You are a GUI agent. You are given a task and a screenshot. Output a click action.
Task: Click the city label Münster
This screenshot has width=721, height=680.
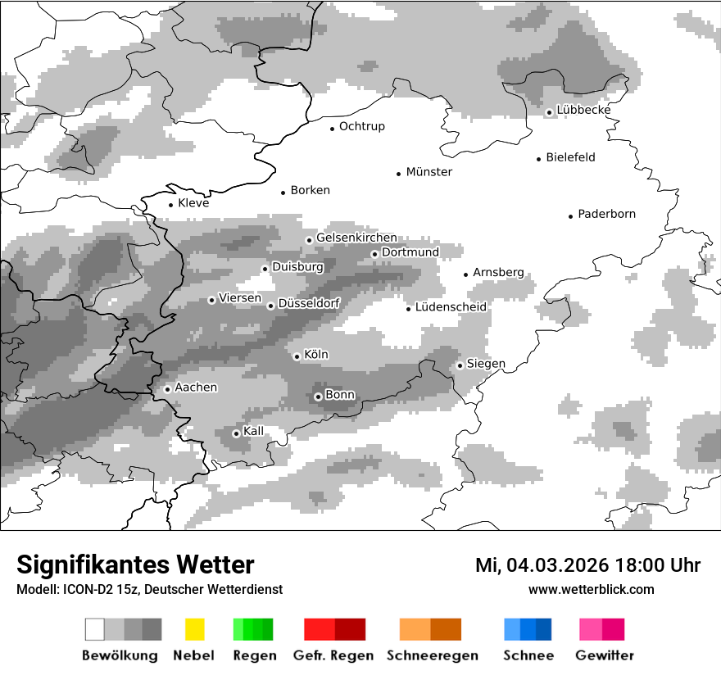429,172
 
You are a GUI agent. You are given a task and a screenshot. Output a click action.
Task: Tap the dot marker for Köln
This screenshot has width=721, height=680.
297,356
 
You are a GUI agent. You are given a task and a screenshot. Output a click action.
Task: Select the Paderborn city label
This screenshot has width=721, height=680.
606,215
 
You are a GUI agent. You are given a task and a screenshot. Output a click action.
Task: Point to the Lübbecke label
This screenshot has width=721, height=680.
583,111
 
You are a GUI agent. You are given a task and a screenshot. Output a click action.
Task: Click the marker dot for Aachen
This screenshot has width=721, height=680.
167,389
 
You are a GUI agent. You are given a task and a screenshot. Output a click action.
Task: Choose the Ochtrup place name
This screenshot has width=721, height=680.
361,127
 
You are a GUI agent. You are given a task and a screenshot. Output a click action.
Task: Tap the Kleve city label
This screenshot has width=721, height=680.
193,203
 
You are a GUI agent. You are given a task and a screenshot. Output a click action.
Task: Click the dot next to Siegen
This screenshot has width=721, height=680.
460,365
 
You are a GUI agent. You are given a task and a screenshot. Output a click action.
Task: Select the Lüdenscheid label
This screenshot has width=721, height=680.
451,307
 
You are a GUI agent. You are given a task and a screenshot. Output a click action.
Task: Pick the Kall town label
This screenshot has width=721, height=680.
253,431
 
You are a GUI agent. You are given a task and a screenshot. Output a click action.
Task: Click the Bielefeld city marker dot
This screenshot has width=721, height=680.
539,159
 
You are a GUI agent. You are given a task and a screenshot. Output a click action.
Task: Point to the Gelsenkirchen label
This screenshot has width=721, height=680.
356,238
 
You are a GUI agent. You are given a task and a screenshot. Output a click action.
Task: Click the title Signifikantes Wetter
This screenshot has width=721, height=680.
135,564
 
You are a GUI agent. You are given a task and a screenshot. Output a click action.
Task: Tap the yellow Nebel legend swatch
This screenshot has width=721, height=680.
194,629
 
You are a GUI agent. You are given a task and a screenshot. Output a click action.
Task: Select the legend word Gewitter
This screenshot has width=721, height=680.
604,655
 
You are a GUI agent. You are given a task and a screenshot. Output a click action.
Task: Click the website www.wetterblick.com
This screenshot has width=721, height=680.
591,589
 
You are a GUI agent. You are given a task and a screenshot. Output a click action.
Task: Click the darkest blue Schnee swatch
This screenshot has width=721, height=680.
544,629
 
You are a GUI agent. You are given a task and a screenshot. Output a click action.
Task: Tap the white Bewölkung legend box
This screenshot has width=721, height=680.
95,629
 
